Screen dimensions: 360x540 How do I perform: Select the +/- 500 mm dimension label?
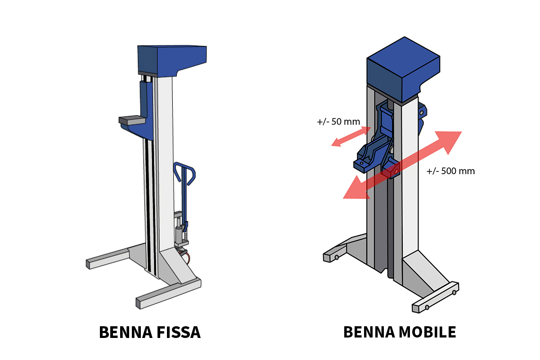pyautogui.click(x=450, y=171)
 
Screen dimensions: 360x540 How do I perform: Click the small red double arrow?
pyautogui.click(x=351, y=136)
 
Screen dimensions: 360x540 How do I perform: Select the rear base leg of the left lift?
pyautogui.click(x=108, y=260)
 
